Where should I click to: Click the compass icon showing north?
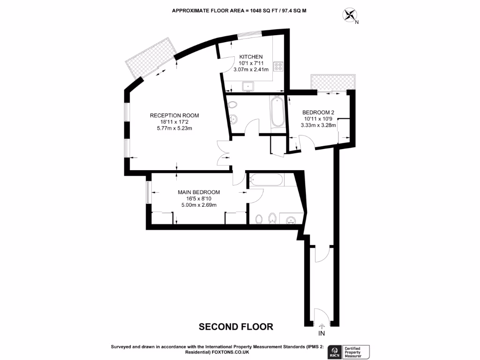click(350, 15)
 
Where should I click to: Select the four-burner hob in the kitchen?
click(278, 67)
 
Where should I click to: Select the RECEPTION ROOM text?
click(174, 115)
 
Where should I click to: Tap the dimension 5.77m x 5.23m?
click(174, 128)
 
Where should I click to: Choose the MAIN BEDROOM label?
click(199, 192)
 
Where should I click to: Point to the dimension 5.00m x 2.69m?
click(199, 204)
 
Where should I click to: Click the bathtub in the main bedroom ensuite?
click(266, 180)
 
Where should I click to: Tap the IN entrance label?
click(322, 334)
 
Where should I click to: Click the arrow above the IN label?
click(322, 326)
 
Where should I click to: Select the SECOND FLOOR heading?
click(236, 326)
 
